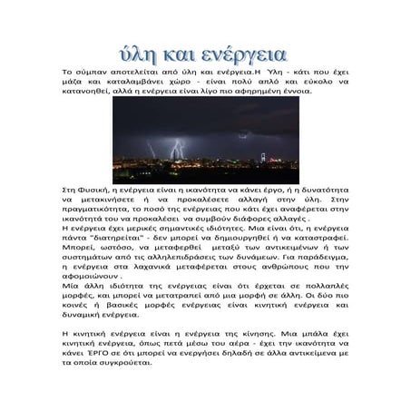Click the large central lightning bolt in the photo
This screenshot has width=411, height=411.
(x=178, y=146)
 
